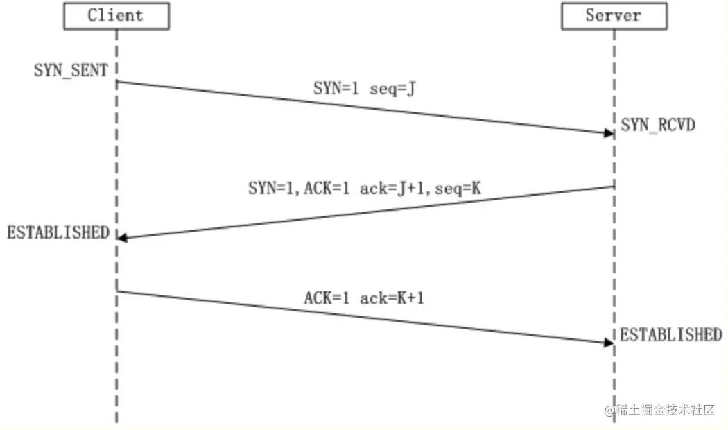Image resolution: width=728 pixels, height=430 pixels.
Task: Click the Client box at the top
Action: point(116,16)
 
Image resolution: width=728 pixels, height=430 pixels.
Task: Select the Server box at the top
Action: point(613,16)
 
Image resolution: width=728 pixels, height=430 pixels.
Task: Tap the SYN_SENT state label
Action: point(71,70)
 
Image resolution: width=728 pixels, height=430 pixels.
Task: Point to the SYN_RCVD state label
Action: point(658,126)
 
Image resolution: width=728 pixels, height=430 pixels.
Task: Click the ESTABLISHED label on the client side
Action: point(58,232)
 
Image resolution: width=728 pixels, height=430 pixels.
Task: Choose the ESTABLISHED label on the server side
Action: point(670,335)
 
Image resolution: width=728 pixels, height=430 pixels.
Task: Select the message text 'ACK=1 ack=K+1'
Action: point(363,299)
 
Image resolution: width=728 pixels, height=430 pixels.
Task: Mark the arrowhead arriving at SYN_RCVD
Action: point(609,132)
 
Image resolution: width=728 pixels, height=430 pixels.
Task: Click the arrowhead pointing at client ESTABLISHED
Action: point(122,238)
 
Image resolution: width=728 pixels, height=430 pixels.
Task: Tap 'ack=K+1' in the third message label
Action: point(391,299)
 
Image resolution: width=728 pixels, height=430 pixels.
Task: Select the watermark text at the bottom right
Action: point(659,411)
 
